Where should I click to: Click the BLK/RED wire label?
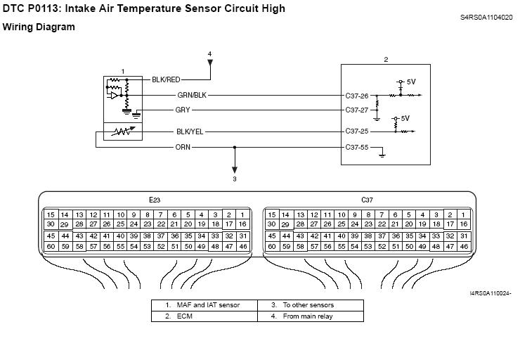coord(166,80)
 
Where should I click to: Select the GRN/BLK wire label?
coord(191,95)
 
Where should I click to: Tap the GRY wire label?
coord(183,110)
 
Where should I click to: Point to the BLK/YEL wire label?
coord(190,131)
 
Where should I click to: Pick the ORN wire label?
coord(183,147)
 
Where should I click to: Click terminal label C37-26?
coord(358,95)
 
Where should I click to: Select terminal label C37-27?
coord(358,110)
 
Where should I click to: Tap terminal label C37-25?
coord(358,131)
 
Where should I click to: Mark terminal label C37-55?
coord(358,147)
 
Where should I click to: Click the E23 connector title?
coord(155,200)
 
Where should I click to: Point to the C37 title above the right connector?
coord(367,200)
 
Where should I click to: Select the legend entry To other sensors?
coord(308,305)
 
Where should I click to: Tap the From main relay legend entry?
coord(308,316)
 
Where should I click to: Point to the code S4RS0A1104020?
coord(487,16)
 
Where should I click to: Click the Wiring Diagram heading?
coord(39,27)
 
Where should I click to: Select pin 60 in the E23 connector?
coord(51,247)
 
